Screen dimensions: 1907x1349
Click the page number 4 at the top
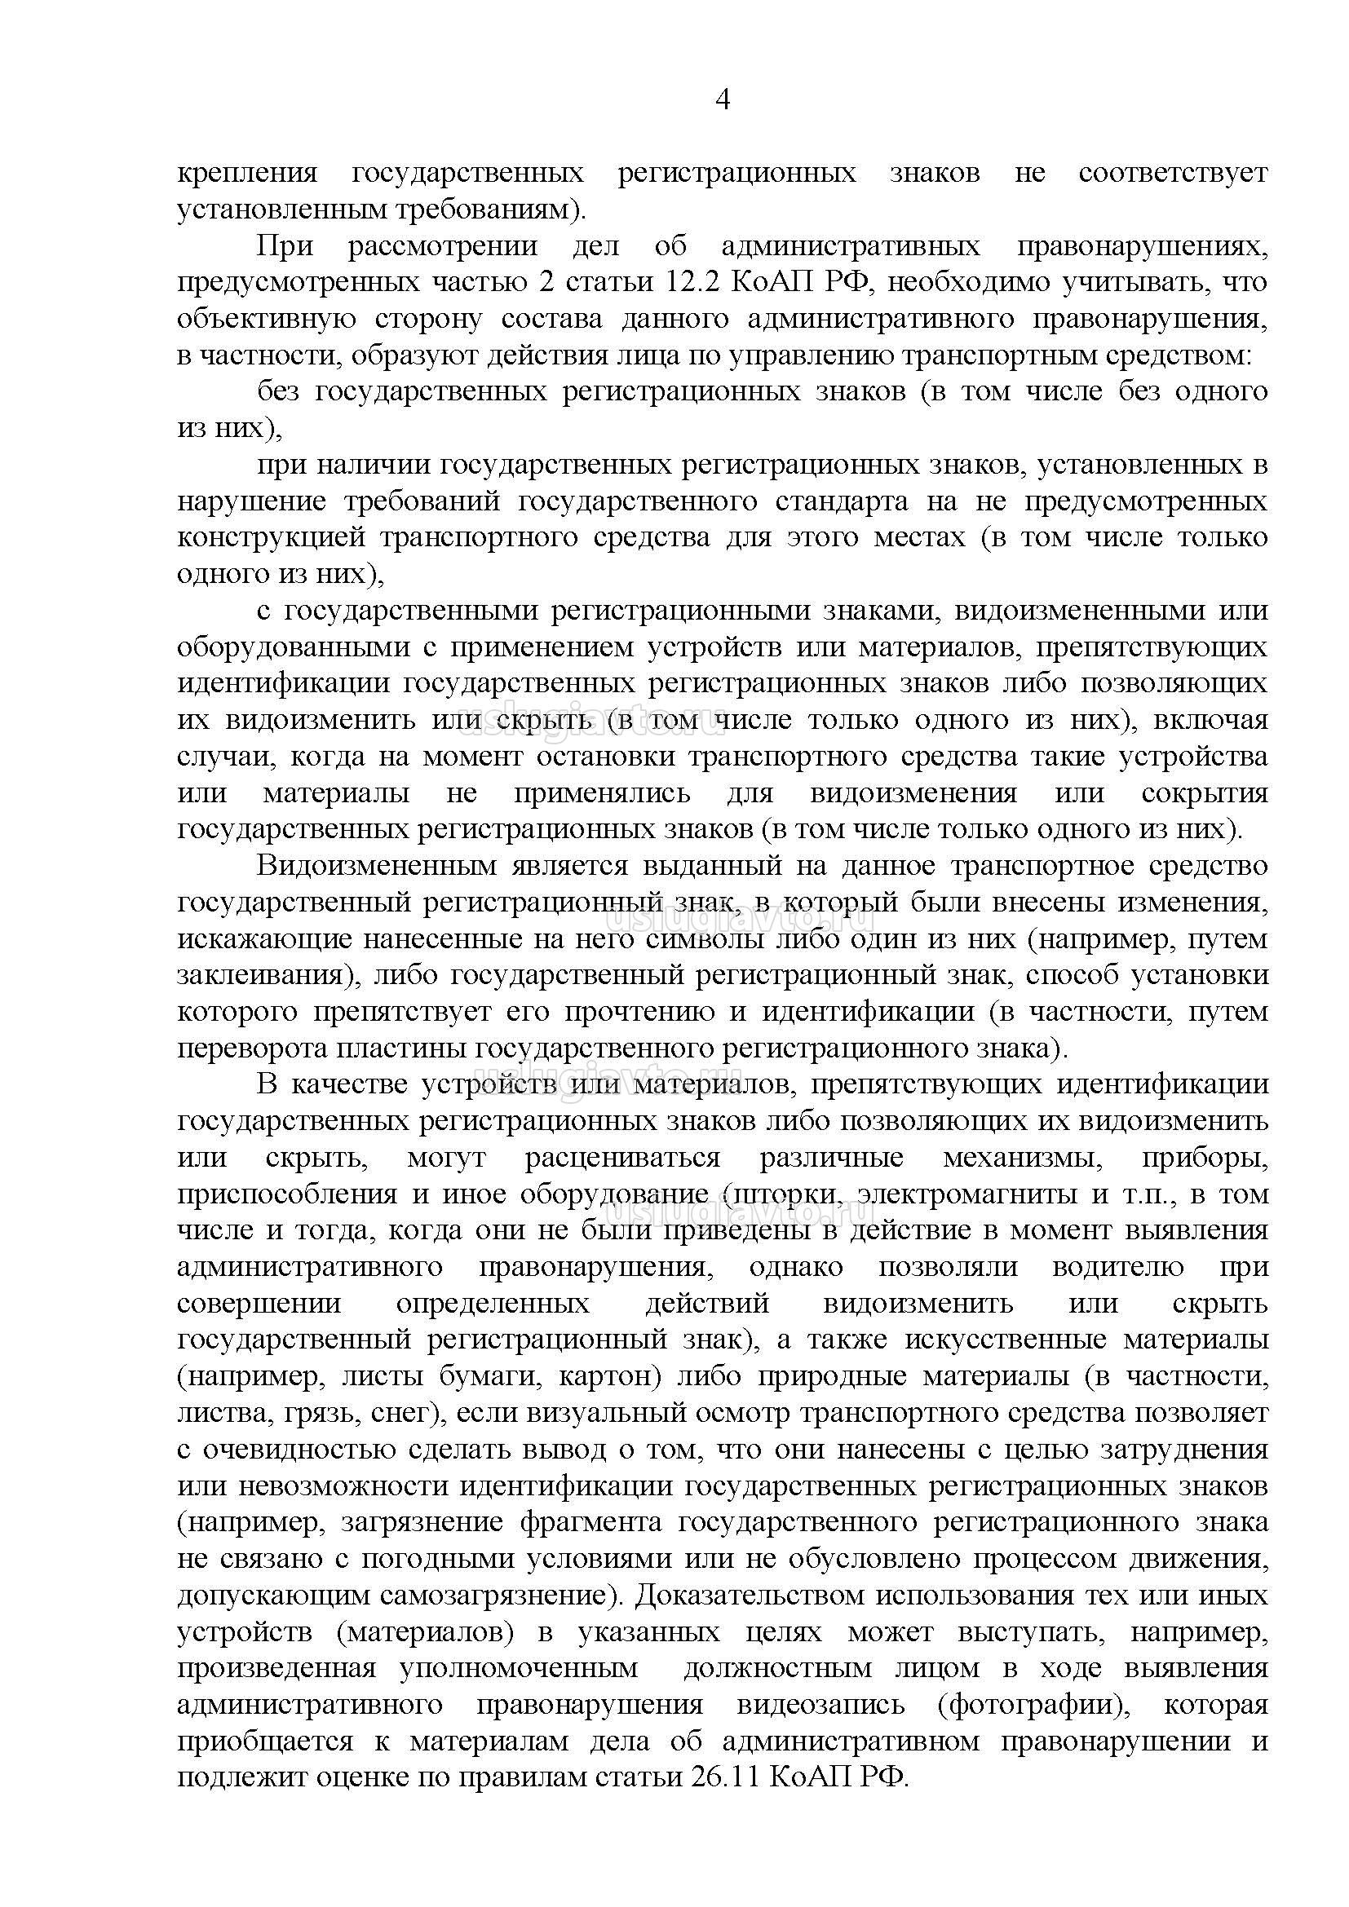click(x=722, y=100)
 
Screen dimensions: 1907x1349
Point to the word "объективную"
click(x=266, y=319)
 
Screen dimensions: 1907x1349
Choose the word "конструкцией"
click(x=271, y=538)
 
